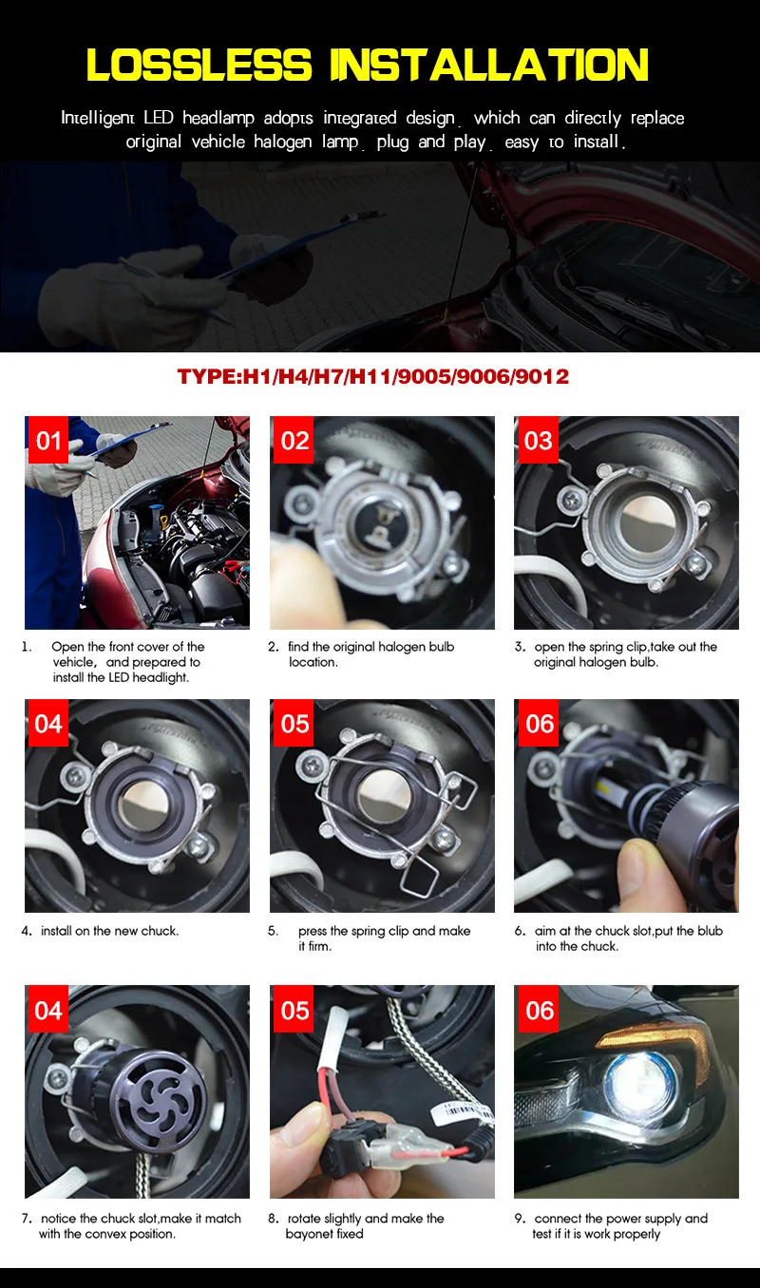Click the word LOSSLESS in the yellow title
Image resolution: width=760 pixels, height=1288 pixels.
pos(199,64)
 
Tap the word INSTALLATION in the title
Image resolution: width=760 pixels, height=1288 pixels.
pos(489,64)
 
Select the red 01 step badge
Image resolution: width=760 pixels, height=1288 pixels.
pos(48,441)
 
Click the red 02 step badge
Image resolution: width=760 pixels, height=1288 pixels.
pos(294,441)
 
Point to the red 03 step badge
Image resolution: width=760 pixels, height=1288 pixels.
pos(538,441)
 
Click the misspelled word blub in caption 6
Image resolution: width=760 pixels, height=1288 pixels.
pos(710,930)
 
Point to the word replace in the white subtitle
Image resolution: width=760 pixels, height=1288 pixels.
pos(657,118)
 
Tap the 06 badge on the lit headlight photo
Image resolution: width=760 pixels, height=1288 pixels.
pos(538,1011)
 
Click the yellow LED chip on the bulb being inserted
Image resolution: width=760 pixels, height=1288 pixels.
pos(602,786)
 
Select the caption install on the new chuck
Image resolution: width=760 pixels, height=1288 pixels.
pos(110,930)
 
